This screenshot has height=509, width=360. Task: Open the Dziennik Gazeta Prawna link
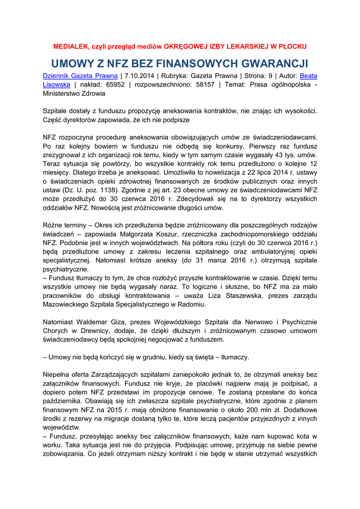click(80, 76)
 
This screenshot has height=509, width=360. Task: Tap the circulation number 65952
click(114, 85)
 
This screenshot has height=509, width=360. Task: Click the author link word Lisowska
click(56, 85)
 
